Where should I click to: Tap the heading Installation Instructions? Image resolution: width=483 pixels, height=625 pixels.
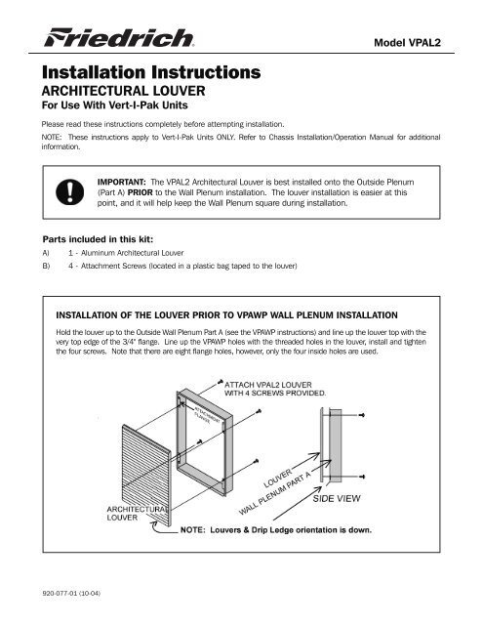click(x=148, y=72)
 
